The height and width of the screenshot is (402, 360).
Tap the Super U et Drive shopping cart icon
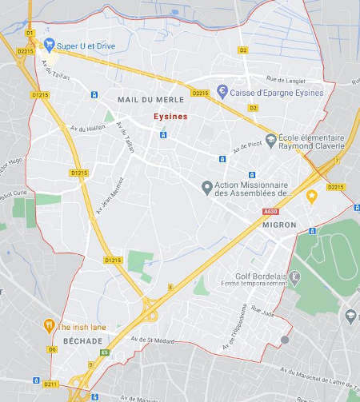click(x=49, y=45)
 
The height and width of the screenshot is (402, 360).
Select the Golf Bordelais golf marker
click(x=294, y=277)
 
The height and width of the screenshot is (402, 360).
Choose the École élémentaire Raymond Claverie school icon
click(x=273, y=141)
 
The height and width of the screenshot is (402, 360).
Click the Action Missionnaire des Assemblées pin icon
click(x=206, y=187)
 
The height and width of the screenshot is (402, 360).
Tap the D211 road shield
click(x=51, y=384)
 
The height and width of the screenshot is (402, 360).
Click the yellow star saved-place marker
click(x=310, y=196)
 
